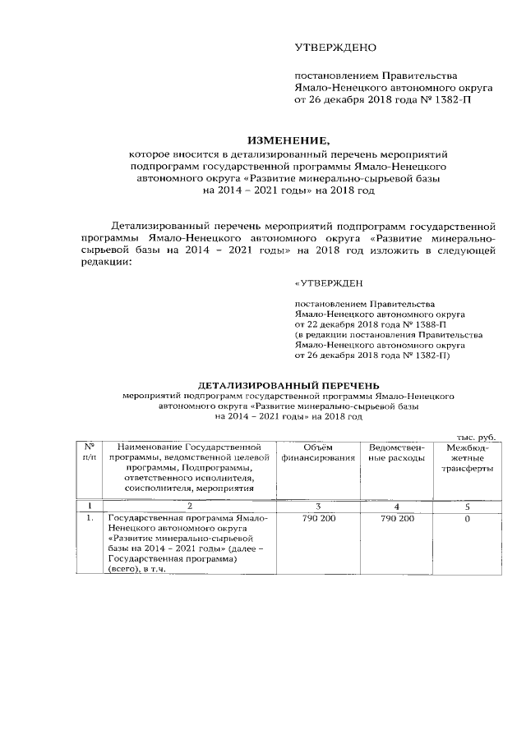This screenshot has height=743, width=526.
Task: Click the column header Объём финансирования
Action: pos(317,452)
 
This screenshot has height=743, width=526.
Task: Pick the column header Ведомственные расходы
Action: pos(398,452)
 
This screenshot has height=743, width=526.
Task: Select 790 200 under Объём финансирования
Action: pos(317,520)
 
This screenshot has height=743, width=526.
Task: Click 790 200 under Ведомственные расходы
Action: pos(398,520)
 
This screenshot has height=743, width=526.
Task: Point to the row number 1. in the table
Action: pos(90,520)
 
